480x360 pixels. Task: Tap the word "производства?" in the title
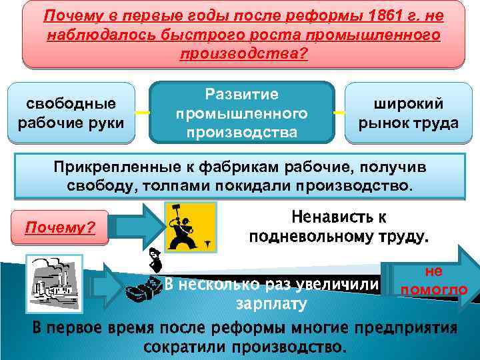coord(244,53)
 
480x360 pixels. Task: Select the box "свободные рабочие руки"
coord(71,113)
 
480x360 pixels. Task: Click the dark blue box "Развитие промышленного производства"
coord(241,113)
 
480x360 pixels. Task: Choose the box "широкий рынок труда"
coord(408,113)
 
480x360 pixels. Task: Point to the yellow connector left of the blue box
coord(143,112)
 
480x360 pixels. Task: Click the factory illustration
coord(53,281)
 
